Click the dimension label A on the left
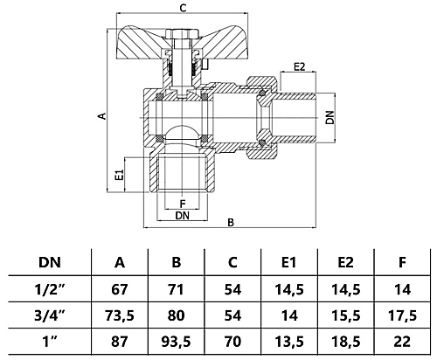pyautogui.click(x=101, y=115)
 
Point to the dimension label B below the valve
pyautogui.click(x=230, y=222)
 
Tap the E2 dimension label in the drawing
pyautogui.click(x=300, y=66)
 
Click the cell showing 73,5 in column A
pyautogui.click(x=120, y=313)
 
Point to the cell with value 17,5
pyautogui.click(x=400, y=313)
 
